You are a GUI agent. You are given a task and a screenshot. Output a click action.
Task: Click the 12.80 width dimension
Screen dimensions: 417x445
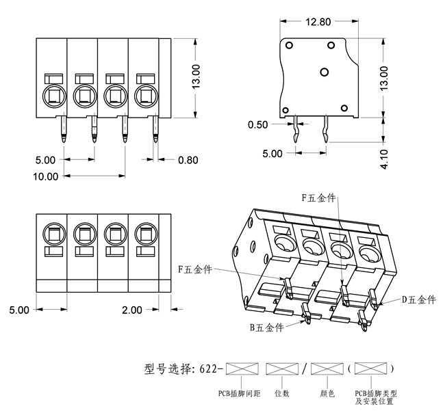[318, 21]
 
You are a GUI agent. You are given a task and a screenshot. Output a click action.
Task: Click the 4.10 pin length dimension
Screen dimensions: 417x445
[385, 159]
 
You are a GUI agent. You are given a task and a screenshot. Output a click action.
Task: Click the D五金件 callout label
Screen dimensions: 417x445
[418, 300]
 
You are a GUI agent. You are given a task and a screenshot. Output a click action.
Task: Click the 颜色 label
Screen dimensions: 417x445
[328, 393]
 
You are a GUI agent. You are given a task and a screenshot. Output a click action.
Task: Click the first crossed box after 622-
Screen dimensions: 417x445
[240, 369]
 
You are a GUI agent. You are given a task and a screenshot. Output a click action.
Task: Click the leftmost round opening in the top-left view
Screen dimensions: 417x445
[53, 94]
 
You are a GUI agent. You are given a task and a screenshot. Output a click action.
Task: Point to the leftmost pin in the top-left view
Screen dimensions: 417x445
[63, 129]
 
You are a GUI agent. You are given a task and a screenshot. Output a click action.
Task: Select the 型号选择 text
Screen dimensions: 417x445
[168, 370]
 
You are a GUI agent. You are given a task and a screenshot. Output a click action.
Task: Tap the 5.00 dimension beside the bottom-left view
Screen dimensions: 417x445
[19, 310]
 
